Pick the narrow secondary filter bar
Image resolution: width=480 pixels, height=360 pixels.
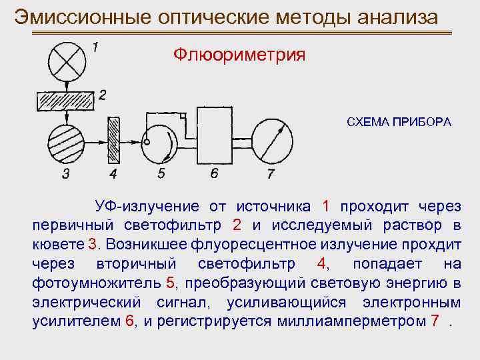113,141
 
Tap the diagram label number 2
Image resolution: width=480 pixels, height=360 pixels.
101,95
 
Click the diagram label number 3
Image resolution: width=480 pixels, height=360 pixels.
65,175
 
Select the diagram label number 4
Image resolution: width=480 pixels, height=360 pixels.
113,175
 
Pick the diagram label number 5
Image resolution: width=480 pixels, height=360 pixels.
161,175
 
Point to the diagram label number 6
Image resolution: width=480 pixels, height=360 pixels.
213,174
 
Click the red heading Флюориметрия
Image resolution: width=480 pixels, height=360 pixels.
239,55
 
